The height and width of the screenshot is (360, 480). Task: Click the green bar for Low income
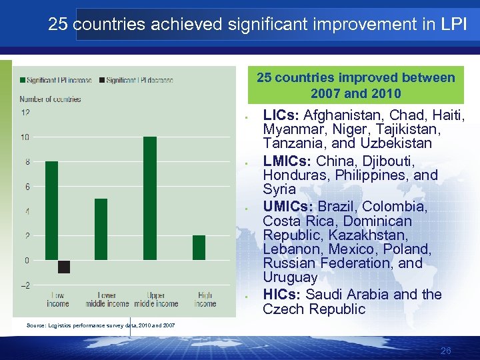(51, 211)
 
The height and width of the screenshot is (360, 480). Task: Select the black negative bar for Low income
(64, 267)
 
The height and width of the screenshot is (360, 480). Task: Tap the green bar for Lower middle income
(101, 229)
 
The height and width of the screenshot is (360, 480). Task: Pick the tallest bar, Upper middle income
(150, 198)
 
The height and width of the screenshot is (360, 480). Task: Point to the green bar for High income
(199, 247)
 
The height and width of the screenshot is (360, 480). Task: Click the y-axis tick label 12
(25, 113)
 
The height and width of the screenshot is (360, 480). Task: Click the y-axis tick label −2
(25, 285)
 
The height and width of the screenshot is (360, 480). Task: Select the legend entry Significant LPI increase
(59, 80)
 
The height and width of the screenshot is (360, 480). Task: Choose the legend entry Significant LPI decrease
(139, 80)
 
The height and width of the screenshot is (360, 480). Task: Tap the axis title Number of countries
(50, 99)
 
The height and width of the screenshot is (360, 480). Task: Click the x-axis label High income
(205, 300)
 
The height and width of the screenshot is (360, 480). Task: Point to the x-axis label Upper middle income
(155, 300)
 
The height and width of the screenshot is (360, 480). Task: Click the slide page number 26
(446, 351)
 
